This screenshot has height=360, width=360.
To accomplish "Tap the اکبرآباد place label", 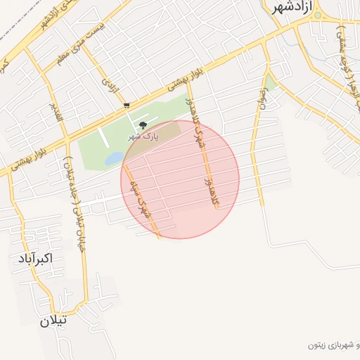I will pyautogui.click(x=32, y=259).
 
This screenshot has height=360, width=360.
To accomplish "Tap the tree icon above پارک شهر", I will pyautogui.click(x=143, y=126).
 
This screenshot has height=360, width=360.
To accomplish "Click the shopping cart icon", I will pyautogui.click(x=126, y=105).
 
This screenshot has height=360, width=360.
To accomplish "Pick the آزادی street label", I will pyautogui.click(x=110, y=85).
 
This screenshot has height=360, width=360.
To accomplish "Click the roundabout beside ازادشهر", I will pyautogui.click(x=317, y=15).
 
